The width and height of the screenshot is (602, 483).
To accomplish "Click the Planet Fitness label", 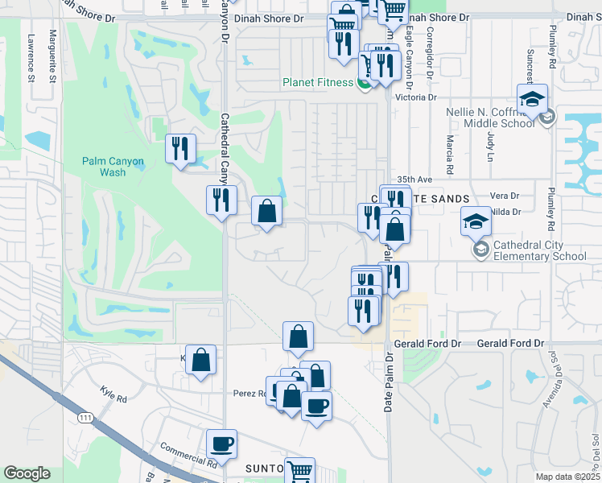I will tap(317, 82).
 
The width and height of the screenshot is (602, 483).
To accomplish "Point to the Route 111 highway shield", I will tap(85, 417).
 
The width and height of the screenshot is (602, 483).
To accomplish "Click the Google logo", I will tap(27, 474).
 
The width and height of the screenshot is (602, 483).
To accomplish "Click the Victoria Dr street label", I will tap(416, 97).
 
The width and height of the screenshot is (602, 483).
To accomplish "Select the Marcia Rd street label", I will tap(450, 146).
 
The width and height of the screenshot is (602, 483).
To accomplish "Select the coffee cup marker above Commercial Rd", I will tap(221, 444).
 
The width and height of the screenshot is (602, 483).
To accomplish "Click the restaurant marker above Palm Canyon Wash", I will tap(179, 148).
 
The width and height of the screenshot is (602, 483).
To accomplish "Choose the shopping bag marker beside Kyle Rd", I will tap(201, 360).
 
